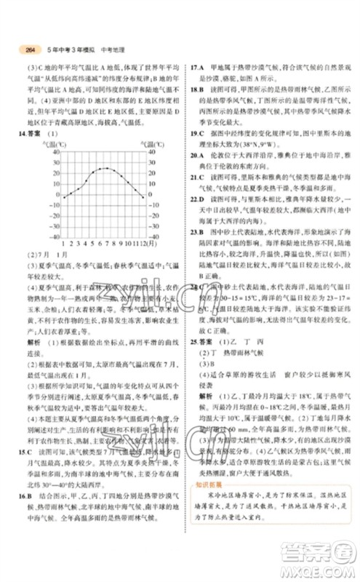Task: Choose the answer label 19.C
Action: coord(195,134)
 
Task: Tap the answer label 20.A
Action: coord(195,155)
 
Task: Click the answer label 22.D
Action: coord(195,199)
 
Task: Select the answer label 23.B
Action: coord(195,231)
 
